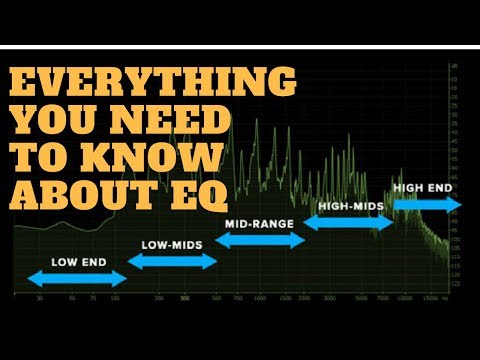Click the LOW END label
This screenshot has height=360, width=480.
point(76,263)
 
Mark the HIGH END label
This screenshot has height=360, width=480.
point(425,187)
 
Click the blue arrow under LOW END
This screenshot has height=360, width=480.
point(76,278)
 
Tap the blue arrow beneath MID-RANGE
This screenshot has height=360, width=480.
point(260,240)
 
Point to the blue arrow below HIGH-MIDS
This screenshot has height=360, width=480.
point(347,222)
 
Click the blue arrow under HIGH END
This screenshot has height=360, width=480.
point(426,203)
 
